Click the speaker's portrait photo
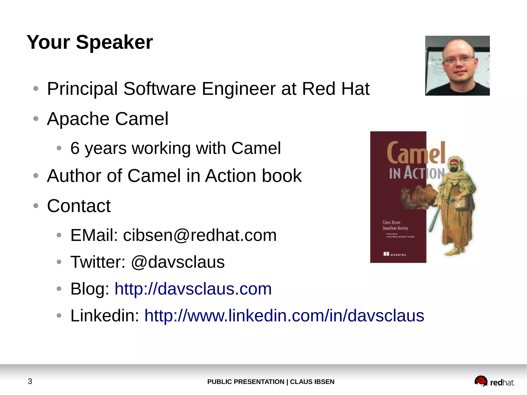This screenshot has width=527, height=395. [457, 66]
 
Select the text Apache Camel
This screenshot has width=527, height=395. [108, 119]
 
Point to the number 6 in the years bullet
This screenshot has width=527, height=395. [75, 148]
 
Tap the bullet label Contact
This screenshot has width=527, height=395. [79, 206]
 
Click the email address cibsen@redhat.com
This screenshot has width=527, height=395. [200, 235]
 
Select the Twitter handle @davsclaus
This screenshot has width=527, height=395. [178, 262]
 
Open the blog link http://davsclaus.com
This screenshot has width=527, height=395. [193, 289]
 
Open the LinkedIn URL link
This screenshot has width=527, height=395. [284, 316]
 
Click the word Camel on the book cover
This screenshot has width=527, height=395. [415, 153]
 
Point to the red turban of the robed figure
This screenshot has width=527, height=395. [454, 161]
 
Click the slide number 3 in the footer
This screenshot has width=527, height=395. [30, 381]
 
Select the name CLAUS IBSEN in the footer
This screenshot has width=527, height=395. [312, 382]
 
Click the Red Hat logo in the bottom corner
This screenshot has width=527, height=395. [494, 382]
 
